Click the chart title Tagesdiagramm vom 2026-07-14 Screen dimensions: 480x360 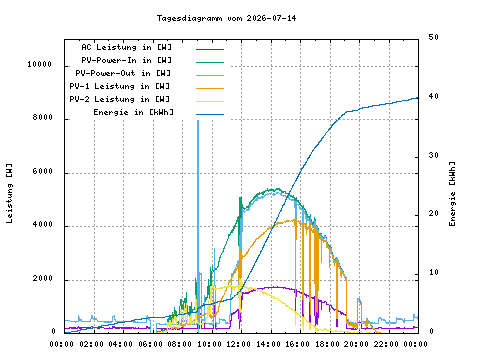coord(226,18)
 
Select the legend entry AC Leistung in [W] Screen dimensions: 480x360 coord(126,47)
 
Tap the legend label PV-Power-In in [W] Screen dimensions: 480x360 coord(126,60)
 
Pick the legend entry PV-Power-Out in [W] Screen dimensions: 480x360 coord(123,73)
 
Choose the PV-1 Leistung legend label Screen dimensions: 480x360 coord(120,86)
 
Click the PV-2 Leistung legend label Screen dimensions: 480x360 coord(120,99)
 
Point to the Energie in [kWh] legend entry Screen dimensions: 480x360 coord(133,112)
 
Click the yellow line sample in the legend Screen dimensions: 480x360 coord(210,101)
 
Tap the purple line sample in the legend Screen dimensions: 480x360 coord(210,49)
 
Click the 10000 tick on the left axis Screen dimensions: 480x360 coord(40,64)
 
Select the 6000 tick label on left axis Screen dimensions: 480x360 coord(43,171)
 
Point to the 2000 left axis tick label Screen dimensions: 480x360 coord(43,278)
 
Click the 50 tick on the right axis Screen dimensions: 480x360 coord(434,37)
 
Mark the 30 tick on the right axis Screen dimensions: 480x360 coord(434,155)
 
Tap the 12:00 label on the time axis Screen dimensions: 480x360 coord(239,344)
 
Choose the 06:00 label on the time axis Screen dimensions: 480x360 coord(151,344)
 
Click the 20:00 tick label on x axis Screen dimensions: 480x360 coord(356,344)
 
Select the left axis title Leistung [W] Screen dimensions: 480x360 coord(9,193)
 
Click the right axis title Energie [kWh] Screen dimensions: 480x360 coord(452,194)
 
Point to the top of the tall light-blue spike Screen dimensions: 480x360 coord(198,121)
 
